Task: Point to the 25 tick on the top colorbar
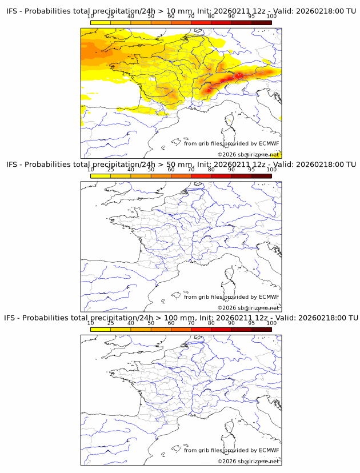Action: (111, 17)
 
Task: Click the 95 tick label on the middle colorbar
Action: (251, 170)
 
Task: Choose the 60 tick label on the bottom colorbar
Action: (171, 323)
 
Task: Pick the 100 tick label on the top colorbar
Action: (271, 17)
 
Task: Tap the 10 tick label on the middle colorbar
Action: (91, 170)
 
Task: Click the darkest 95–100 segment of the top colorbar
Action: (261, 22)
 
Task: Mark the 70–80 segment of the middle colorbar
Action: (201, 175)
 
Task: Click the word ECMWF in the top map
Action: (269, 143)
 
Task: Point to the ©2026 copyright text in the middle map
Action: (227, 308)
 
